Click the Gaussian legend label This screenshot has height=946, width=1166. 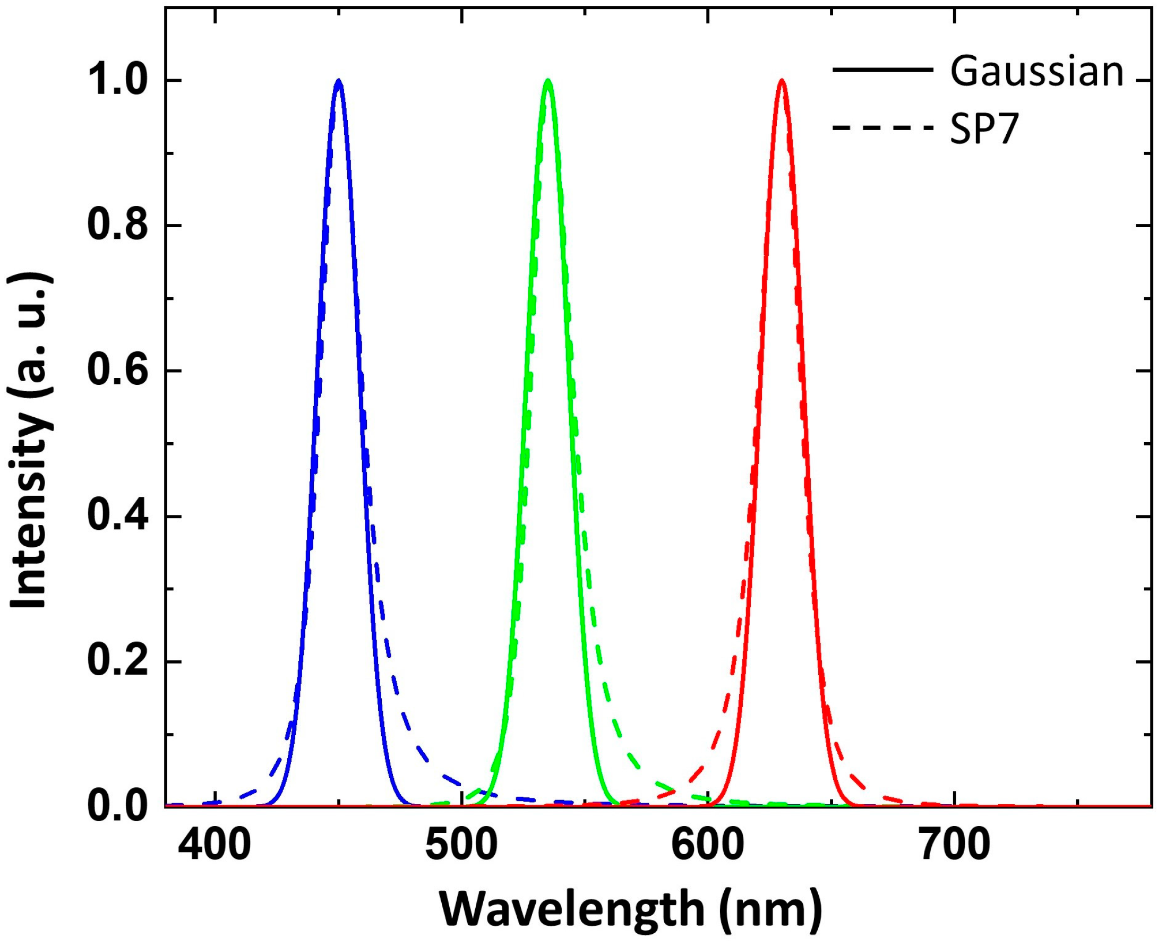point(1036,73)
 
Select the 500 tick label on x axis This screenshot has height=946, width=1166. point(462,846)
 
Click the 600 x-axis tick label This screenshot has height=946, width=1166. point(708,846)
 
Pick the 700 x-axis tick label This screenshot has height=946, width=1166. point(955,846)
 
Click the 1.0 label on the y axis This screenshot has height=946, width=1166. point(118,81)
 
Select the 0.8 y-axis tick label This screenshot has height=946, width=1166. point(118,226)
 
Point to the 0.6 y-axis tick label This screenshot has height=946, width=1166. point(118,371)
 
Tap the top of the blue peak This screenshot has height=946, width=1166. point(339,81)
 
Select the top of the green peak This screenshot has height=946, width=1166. point(548,81)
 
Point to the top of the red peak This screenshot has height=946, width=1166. point(782,81)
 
